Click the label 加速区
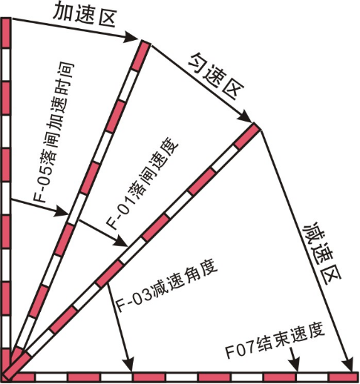(x=85, y=15)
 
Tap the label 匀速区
(x=217, y=77)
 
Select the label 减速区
(x=322, y=254)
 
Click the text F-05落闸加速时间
(x=54, y=133)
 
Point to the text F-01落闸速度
(x=143, y=186)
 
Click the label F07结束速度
(x=275, y=343)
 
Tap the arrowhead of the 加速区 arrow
(x=131, y=37)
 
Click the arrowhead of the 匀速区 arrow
(x=245, y=116)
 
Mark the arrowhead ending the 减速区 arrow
(x=348, y=365)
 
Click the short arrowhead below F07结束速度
(x=295, y=365)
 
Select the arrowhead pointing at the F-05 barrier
(x=62, y=211)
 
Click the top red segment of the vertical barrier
(x=6, y=33)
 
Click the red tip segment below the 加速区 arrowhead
(x=140, y=56)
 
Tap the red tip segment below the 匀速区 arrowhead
(x=247, y=136)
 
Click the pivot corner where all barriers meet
(x=7, y=377)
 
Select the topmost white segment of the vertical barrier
(x=6, y=64)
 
